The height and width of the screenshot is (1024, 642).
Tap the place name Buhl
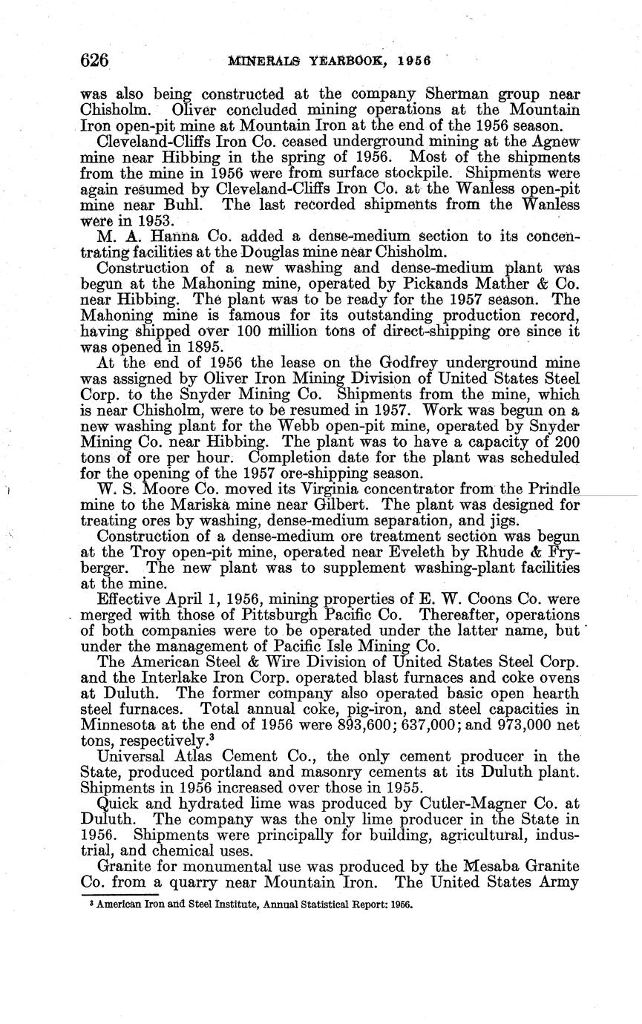click(x=181, y=205)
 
